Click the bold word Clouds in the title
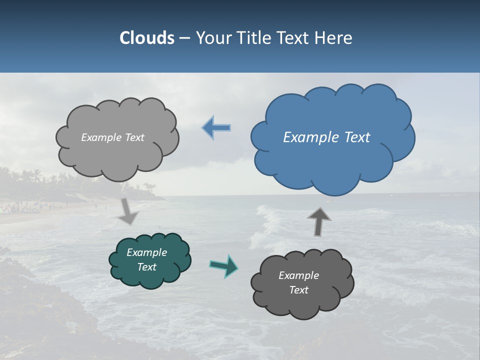click(x=146, y=38)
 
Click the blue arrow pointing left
click(x=216, y=127)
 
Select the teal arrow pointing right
click(x=224, y=266)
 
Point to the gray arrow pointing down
click(x=128, y=211)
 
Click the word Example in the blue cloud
click(x=309, y=137)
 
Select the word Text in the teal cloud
click(x=147, y=267)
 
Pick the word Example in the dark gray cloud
click(x=298, y=275)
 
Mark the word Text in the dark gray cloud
click(x=299, y=290)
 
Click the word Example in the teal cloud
click(x=147, y=252)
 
